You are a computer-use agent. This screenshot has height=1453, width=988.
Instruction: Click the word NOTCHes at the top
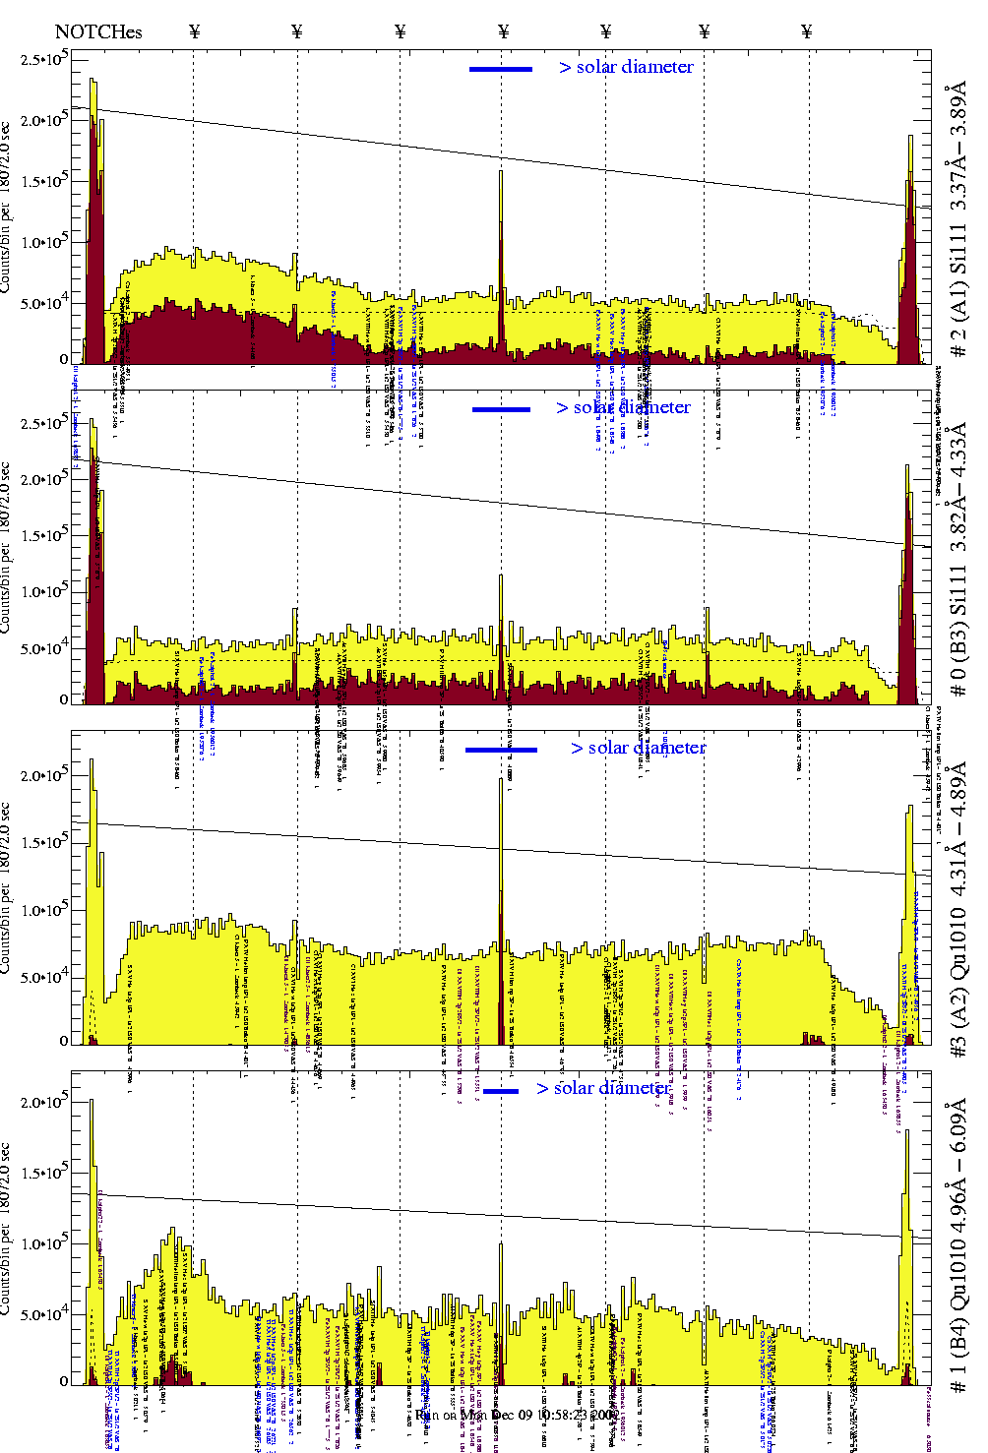98,32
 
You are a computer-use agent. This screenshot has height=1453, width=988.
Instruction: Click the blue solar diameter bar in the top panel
501,69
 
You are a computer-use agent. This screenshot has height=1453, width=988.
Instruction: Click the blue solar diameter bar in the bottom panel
501,1091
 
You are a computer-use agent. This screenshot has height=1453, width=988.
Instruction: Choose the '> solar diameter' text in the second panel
623,408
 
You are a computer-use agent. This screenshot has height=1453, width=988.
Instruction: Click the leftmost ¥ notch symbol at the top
195,32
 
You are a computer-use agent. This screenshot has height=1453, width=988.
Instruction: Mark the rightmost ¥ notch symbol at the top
807,32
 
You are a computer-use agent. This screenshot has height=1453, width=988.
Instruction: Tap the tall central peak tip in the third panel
501,780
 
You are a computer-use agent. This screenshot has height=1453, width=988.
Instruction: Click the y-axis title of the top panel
7,207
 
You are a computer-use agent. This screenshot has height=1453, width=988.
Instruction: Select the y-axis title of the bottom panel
7,1230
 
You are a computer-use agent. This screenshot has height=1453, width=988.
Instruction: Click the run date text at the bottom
518,1415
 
